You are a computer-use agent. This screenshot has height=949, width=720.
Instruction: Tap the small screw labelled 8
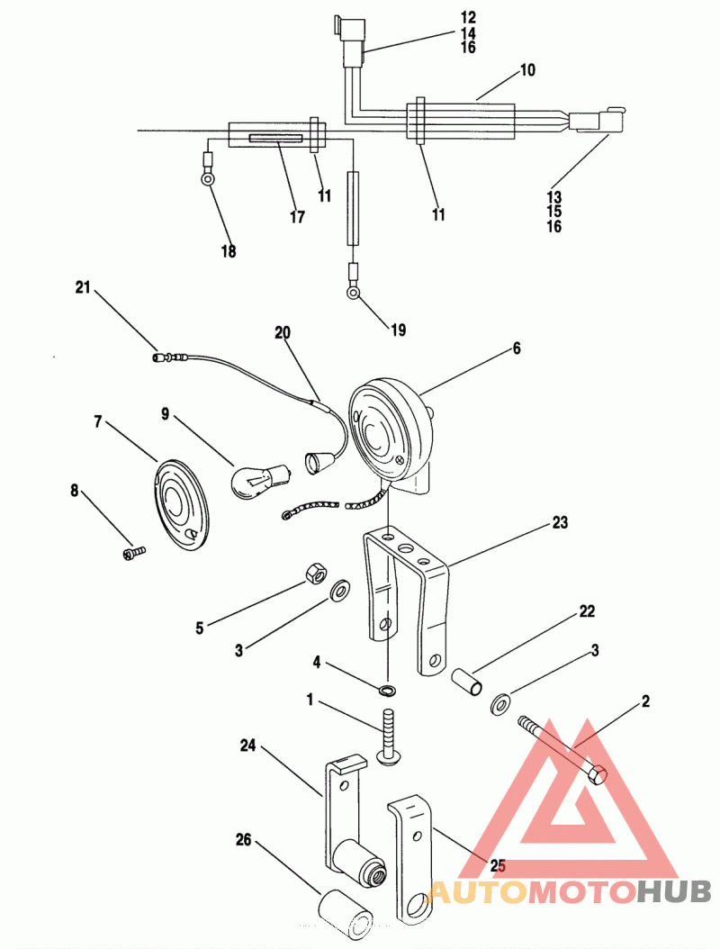(134, 553)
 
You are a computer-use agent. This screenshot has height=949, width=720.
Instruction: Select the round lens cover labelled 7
(180, 505)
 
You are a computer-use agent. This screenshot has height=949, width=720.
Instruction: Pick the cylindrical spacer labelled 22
(467, 681)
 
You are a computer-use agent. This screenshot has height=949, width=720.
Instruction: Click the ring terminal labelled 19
(354, 293)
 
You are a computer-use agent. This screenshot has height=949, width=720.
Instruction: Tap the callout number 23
(560, 522)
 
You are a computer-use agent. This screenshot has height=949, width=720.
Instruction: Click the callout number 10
(527, 70)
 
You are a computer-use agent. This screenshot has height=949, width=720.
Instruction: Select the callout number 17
(297, 217)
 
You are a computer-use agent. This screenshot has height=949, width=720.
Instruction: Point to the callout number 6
(516, 348)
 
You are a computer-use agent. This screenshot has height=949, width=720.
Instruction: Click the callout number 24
(248, 746)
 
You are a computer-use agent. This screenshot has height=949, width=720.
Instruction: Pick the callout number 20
(283, 332)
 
